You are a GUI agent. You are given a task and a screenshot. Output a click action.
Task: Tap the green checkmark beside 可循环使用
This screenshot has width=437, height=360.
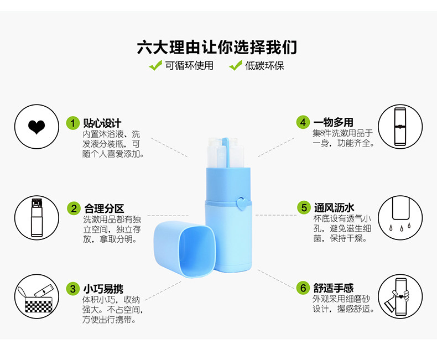point(155,66)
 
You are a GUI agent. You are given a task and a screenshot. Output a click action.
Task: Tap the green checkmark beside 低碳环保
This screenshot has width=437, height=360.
point(236,66)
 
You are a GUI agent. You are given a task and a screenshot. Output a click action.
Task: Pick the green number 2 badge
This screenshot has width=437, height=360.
point(74,208)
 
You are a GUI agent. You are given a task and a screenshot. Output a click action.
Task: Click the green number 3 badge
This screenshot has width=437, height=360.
point(72,289)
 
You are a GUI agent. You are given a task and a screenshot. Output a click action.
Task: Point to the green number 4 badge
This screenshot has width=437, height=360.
point(302,122)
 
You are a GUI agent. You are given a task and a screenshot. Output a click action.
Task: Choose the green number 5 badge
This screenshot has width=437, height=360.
point(303,208)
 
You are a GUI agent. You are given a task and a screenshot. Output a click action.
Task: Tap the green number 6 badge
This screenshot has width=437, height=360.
point(303,288)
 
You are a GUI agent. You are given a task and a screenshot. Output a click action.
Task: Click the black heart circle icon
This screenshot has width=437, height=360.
point(36,128)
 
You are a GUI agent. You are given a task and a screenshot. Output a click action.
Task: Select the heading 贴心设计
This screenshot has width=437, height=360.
point(102,123)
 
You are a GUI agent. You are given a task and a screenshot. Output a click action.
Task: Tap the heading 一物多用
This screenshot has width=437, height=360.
point(333,122)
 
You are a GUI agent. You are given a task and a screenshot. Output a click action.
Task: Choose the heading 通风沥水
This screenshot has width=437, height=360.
point(334,208)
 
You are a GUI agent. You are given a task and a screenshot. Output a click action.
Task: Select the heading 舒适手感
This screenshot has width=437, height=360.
point(334,288)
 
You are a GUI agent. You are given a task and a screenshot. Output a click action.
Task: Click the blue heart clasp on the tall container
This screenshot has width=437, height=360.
point(241,203)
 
